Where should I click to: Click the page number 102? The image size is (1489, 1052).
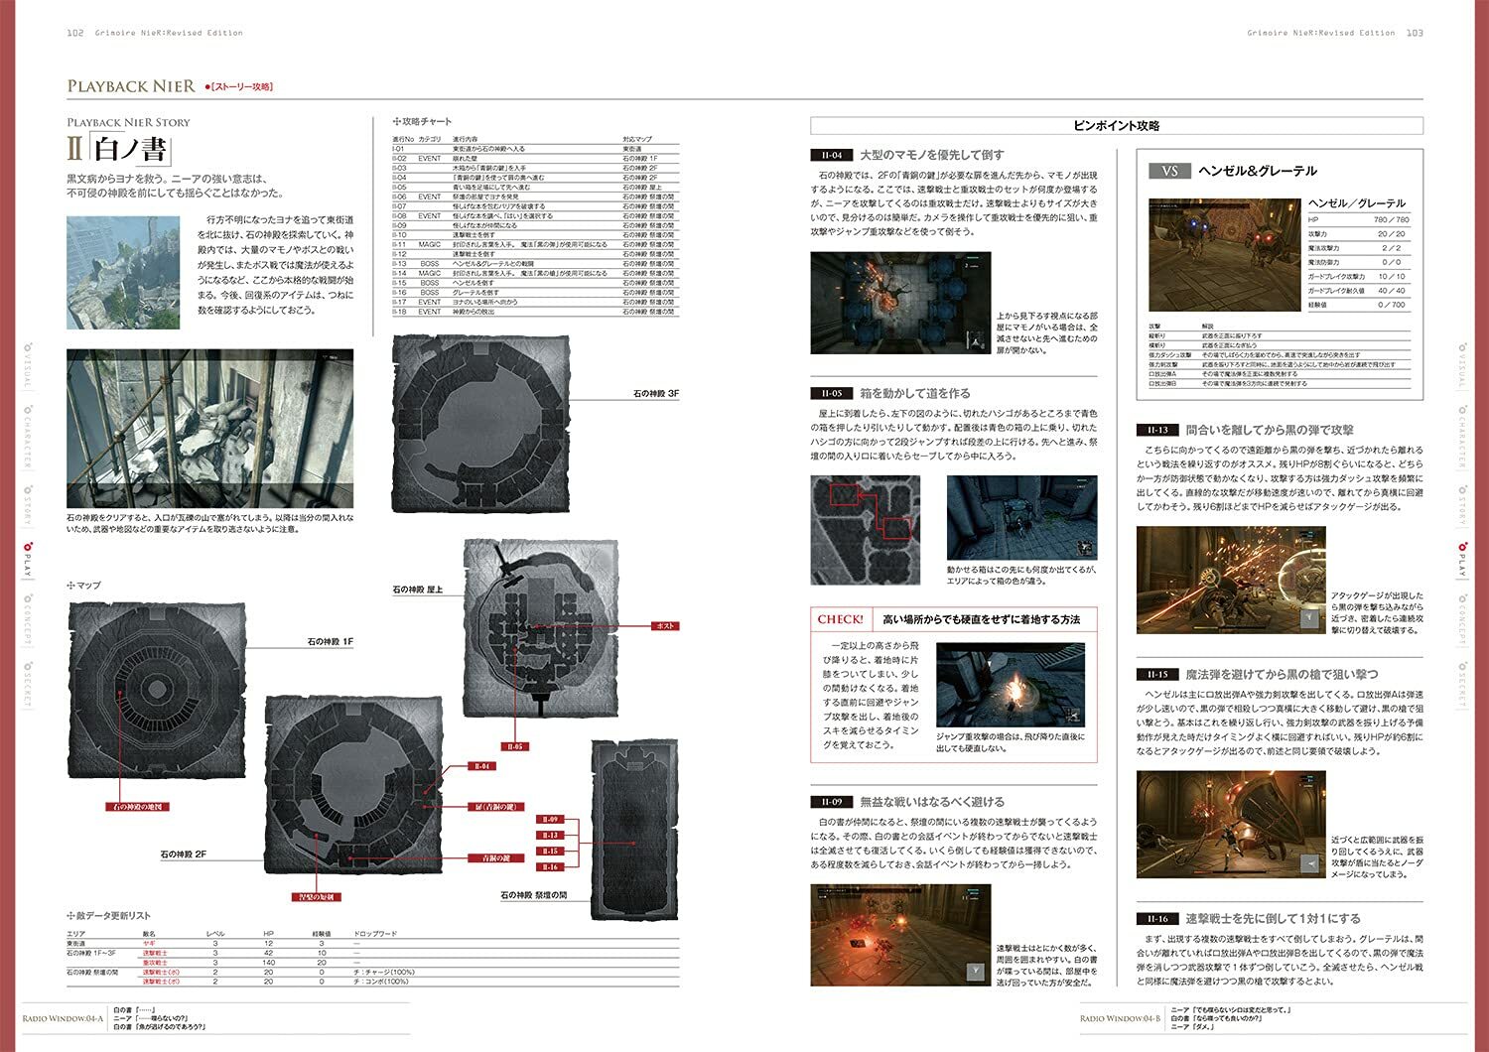(x=74, y=33)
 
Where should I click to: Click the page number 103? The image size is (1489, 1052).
(x=1415, y=33)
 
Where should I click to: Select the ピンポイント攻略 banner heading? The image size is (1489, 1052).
(x=1116, y=126)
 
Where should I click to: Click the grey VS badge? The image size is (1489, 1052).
(x=1169, y=171)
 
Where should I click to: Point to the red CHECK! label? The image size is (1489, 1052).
(x=840, y=619)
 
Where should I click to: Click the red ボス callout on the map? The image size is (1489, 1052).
(x=665, y=626)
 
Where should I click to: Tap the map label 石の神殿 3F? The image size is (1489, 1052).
(x=656, y=394)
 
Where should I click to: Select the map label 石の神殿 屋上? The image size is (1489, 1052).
(x=418, y=590)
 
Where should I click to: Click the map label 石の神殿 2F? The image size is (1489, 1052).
(x=184, y=854)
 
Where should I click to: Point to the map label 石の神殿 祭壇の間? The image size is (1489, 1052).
(x=534, y=895)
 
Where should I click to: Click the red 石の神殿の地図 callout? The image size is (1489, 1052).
(x=138, y=807)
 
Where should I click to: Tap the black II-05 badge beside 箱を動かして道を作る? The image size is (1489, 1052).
(x=831, y=393)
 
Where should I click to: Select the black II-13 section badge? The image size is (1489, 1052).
(x=1157, y=430)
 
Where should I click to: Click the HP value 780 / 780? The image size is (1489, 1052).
(x=1390, y=219)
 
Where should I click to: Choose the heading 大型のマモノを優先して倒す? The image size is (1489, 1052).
(x=931, y=155)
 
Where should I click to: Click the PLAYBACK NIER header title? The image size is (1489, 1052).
(x=131, y=86)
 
